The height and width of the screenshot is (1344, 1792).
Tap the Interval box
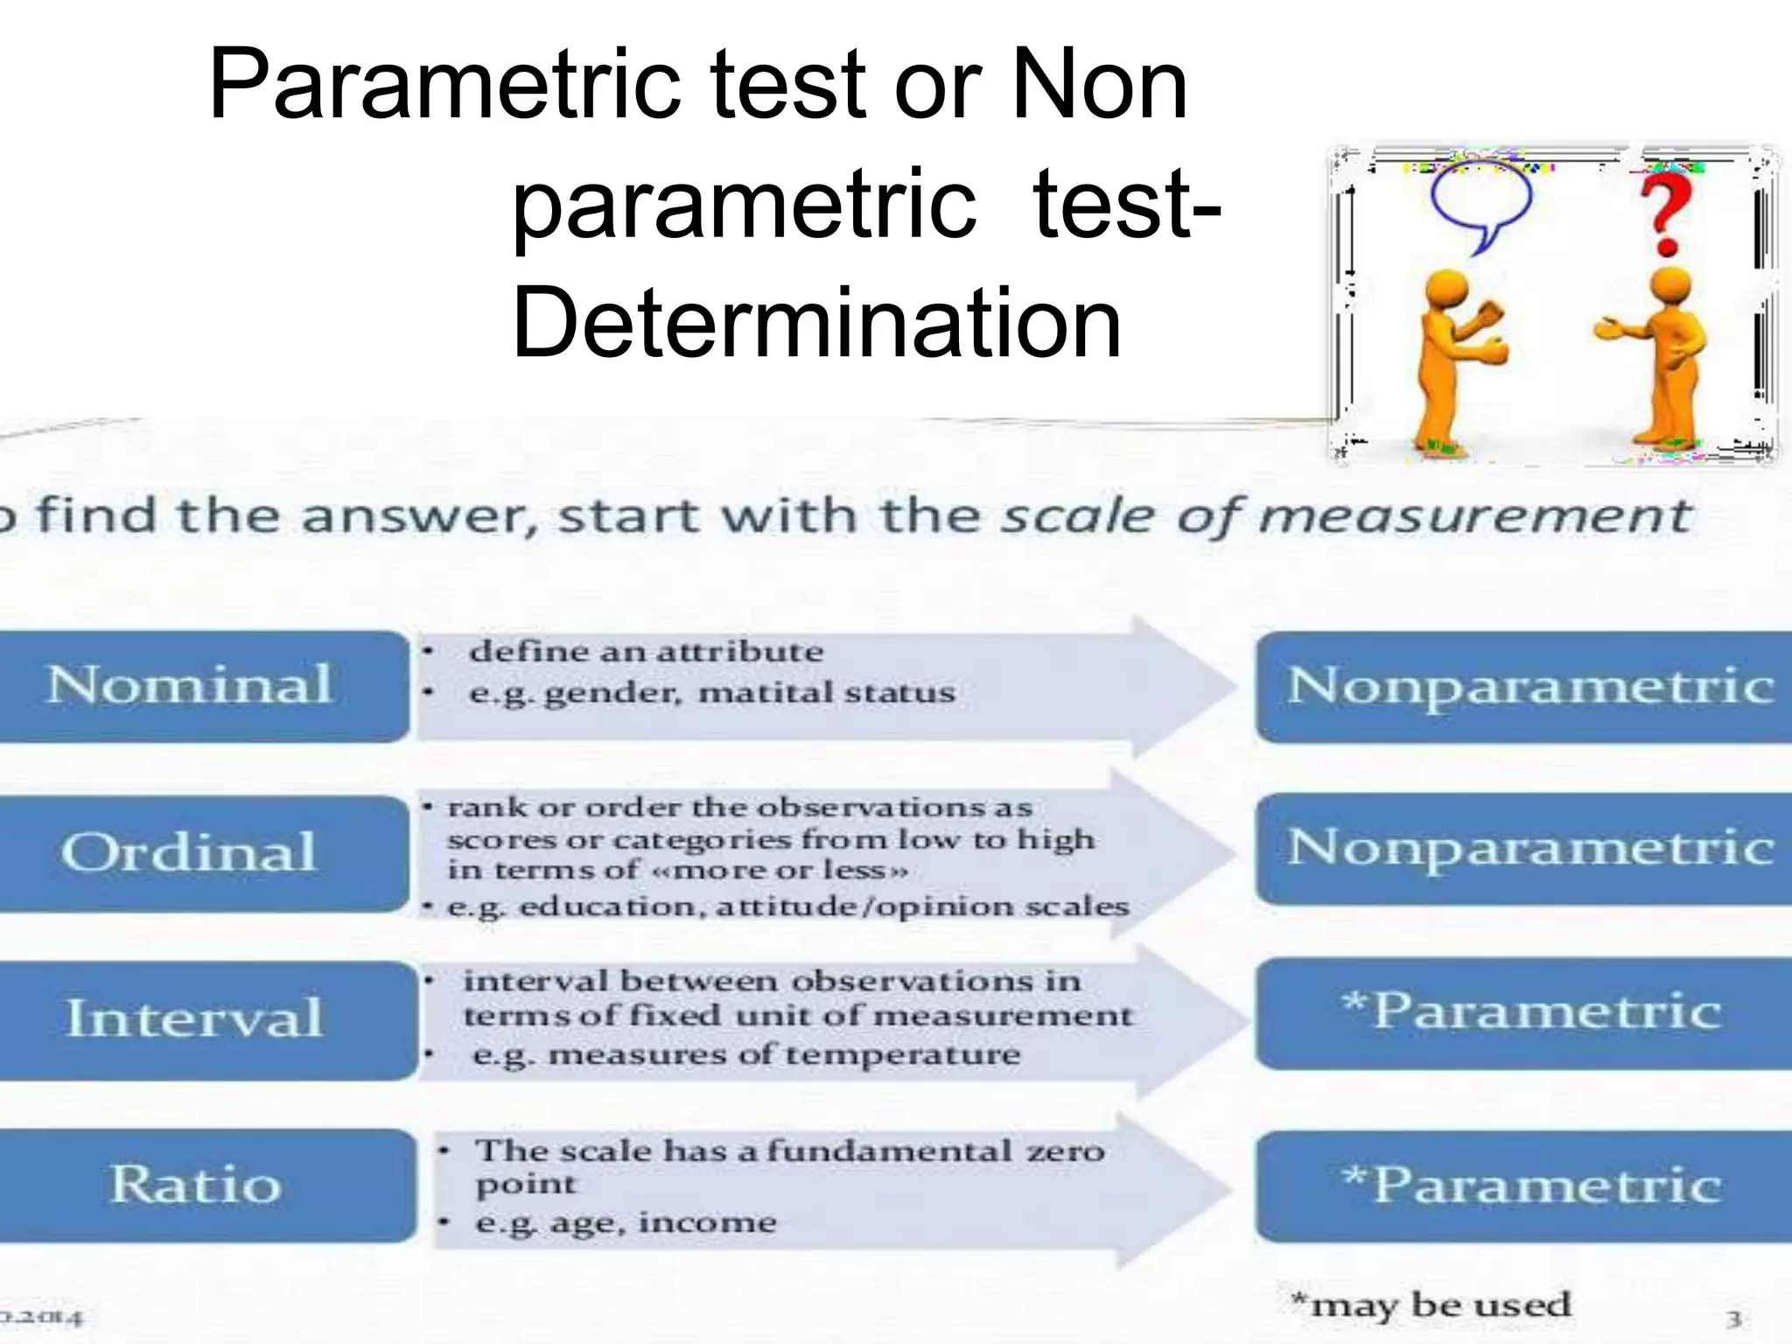(201, 1018)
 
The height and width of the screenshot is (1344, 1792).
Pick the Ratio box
(201, 1185)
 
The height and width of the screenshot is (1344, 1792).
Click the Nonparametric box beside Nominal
(1527, 686)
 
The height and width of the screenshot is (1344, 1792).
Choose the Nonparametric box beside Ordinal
(1527, 849)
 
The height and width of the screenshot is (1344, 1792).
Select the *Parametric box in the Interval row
(1527, 1012)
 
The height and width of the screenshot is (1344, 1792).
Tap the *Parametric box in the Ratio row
(1527, 1186)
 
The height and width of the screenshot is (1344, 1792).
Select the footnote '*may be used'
(1431, 1305)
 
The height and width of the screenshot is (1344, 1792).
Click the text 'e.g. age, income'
(626, 1222)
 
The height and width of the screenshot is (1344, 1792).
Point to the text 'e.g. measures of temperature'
(745, 1054)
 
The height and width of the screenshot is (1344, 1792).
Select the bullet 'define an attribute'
(646, 652)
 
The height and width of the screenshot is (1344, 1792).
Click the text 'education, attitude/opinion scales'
(822, 906)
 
